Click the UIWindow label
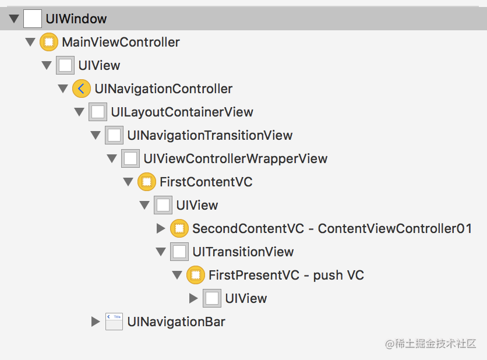coord(76,19)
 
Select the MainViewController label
coord(121,43)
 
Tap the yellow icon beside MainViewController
coord(49,42)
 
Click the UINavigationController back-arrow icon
coord(82,89)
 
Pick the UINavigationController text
coord(163,89)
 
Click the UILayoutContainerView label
coord(182,112)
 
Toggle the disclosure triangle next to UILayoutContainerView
coord(79,112)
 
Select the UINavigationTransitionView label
coord(210,135)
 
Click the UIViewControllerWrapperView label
coord(235,158)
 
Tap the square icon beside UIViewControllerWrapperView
coord(130,158)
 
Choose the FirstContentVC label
coord(206,182)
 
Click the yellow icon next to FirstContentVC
coord(147,182)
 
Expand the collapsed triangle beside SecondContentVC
coord(161,228)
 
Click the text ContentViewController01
coord(395,228)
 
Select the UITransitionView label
coord(243,252)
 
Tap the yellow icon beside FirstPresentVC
coord(196,275)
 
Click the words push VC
coord(338,276)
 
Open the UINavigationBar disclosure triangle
coord(96,322)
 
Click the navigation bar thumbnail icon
coord(114,322)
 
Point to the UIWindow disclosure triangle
coord(14,19)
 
